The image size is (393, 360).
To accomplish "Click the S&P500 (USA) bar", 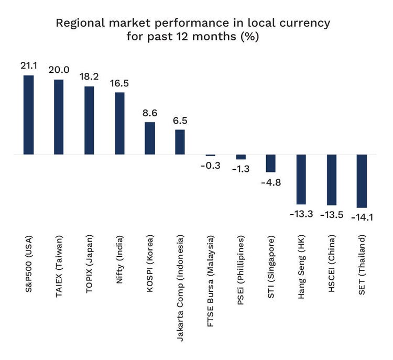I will (x=29, y=115).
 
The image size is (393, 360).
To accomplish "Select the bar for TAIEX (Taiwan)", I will (x=59, y=117).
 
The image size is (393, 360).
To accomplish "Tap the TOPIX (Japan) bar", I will (x=89, y=121).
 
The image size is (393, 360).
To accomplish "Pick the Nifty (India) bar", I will (x=119, y=124).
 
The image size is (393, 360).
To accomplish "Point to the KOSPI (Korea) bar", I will (x=150, y=138).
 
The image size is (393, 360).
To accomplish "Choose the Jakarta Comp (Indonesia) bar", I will (x=180, y=142).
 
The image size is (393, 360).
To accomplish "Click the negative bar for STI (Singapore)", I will (x=270, y=163).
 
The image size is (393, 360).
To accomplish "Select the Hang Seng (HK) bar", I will (x=301, y=179).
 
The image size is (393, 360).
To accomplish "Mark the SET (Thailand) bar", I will (x=362, y=181).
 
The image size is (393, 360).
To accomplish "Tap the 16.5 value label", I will (x=119, y=83).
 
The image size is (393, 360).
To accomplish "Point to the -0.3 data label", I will (x=211, y=166).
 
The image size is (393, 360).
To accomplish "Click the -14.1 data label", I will (x=362, y=217).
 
